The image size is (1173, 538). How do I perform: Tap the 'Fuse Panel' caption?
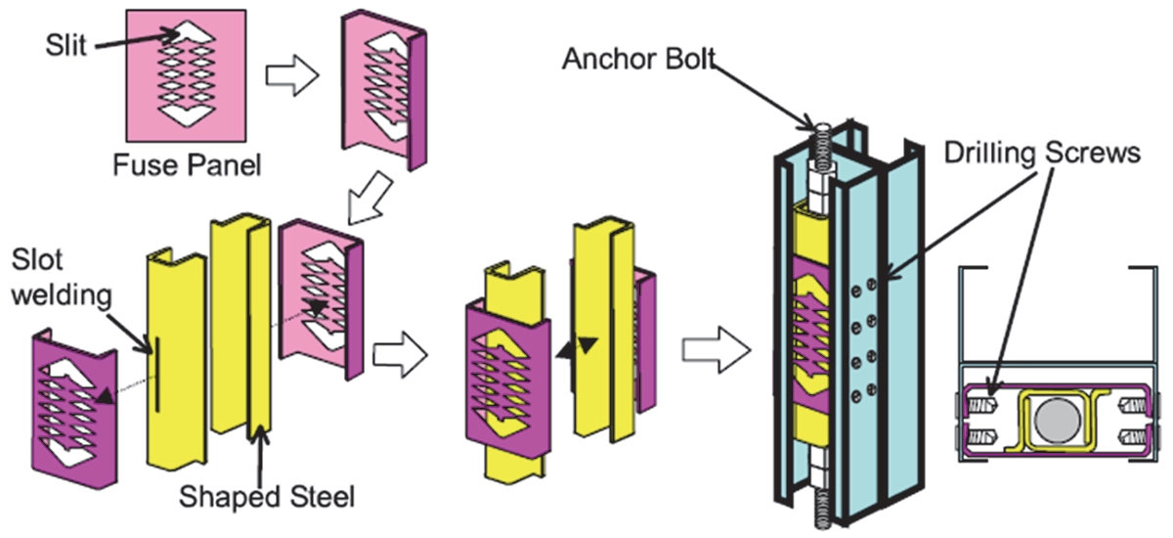187,164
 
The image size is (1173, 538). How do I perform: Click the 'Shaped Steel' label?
266,497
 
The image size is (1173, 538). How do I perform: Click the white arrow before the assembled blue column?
717,347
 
